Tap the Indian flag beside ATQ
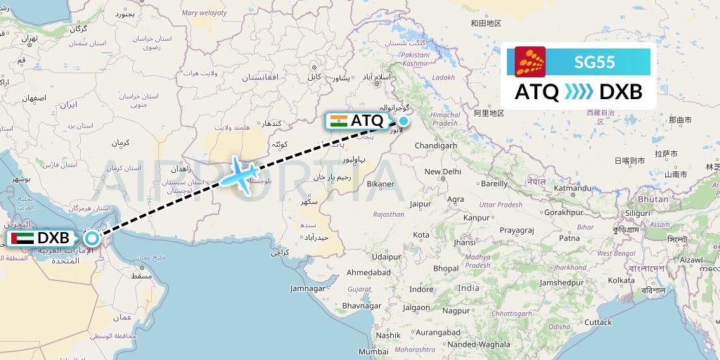click(338, 120)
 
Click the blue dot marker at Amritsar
click(404, 120)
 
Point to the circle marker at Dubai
click(91, 238)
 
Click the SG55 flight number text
click(594, 62)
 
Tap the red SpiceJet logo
click(530, 62)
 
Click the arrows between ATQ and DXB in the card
click(579, 92)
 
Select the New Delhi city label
click(442, 172)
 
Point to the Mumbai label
click(373, 351)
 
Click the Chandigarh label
click(437, 146)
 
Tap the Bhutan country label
click(654, 200)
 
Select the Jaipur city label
click(420, 204)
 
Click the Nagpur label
click(456, 310)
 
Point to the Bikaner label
click(380, 184)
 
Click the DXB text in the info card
click(617, 92)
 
